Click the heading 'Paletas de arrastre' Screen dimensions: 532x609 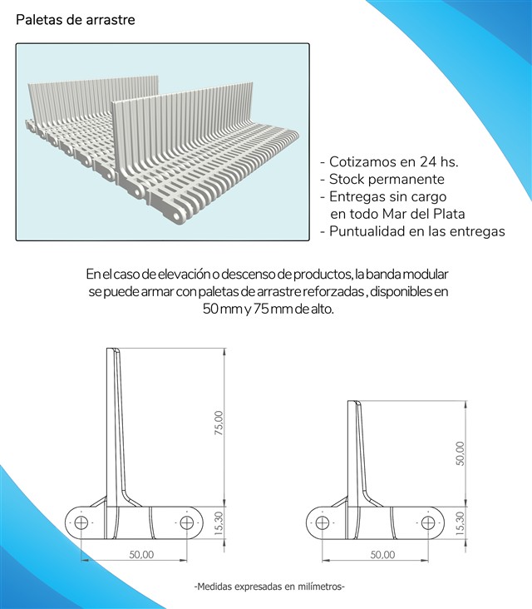tap(76, 20)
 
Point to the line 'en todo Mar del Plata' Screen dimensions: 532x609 tap(397, 214)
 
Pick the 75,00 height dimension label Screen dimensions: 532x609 tap(219, 423)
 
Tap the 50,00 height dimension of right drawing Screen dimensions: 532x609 tap(461, 453)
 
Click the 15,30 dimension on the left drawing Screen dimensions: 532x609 tap(219, 523)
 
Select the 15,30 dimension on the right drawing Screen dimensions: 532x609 tap(461, 523)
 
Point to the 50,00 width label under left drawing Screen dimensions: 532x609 tap(141, 554)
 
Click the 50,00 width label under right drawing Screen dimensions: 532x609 tap(382, 555)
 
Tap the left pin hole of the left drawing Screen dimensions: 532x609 tap(81, 522)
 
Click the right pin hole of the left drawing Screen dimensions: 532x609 tap(187, 522)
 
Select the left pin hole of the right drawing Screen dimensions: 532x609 tap(323, 523)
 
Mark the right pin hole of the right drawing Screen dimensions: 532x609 tap(428, 523)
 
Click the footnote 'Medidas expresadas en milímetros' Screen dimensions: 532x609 tap(269, 586)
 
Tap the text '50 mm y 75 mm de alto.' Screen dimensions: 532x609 tap(268, 309)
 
